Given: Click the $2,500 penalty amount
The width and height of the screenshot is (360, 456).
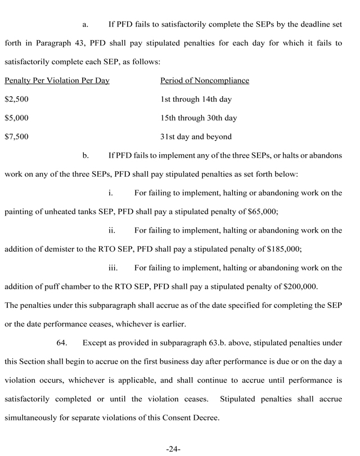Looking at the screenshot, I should [x=16, y=99].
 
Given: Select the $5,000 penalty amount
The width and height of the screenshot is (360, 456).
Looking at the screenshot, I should [x=16, y=118].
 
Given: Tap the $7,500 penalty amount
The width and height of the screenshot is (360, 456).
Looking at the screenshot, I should [x=16, y=137].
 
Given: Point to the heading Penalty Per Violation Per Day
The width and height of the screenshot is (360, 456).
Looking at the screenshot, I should [x=57, y=81].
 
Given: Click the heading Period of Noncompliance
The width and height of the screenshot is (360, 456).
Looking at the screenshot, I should [x=205, y=81].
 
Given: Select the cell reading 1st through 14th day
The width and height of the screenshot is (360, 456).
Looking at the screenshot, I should [x=196, y=99].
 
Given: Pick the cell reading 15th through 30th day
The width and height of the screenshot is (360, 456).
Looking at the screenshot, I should [x=199, y=118].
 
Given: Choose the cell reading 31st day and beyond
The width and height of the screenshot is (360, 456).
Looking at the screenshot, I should [x=196, y=137].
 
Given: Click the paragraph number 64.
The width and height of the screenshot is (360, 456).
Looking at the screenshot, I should [x=64, y=342].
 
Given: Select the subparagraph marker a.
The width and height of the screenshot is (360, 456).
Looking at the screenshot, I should [x=85, y=25].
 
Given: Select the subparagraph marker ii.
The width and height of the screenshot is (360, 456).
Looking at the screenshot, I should [x=112, y=230].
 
